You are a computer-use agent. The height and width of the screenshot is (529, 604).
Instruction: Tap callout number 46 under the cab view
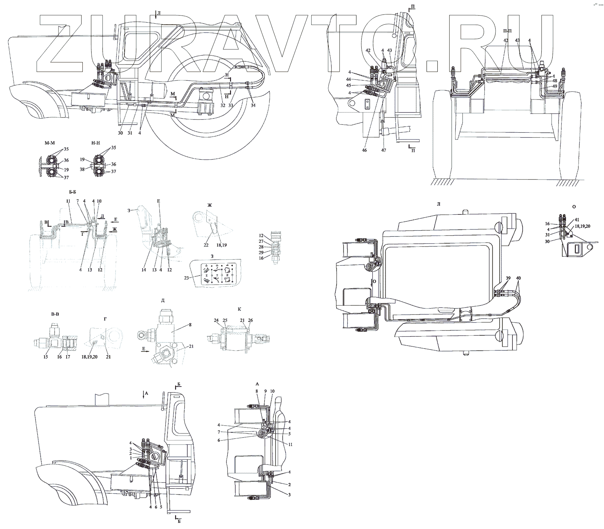pos(365,150)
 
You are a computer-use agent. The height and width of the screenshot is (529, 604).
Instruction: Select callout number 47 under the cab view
pos(384,150)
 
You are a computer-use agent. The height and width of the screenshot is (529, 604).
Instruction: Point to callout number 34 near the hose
pos(253,105)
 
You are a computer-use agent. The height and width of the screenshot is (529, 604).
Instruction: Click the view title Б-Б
pos(73,192)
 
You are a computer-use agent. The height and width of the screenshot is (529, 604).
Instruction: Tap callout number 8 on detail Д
pos(190,325)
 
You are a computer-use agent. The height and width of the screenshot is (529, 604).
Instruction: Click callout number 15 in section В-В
pos(45,357)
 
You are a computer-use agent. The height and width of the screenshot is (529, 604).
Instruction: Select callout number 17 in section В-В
pos(68,357)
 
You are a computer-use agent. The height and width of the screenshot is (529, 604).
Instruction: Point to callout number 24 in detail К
pos(216,321)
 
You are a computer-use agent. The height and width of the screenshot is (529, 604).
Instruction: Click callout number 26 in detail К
pos(250,321)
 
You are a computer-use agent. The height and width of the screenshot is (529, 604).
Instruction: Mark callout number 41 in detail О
pos(577,219)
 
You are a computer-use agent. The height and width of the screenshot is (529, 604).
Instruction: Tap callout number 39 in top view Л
pos(508,278)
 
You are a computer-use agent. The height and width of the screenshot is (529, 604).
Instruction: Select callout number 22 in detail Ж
pos(206,245)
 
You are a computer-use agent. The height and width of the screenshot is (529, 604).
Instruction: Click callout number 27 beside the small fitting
pos(261,242)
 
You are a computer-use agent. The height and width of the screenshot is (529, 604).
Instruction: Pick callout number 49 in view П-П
pos(555,86)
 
